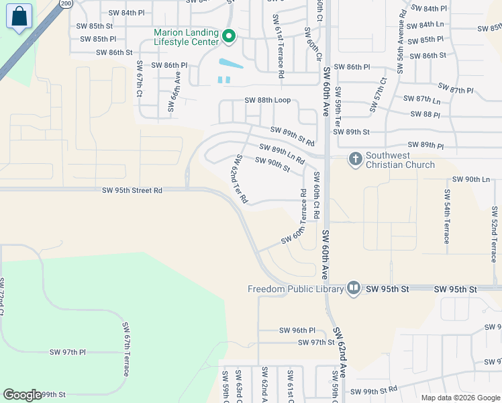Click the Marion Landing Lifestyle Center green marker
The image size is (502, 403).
point(229,36)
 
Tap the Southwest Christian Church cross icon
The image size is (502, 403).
point(355,159)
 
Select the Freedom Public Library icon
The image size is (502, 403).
point(354,289)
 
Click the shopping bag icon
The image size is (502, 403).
point(19,17)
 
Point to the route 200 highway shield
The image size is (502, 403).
point(66,3)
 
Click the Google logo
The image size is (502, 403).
point(22,395)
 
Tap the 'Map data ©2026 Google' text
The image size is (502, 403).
point(460,397)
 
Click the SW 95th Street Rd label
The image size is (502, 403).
point(132,190)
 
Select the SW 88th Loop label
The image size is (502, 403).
point(267,100)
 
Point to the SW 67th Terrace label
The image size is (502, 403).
point(125,349)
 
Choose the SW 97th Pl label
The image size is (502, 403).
point(68,352)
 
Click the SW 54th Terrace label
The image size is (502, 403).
point(446,216)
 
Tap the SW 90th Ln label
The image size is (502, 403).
point(471,179)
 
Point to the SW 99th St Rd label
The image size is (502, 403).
point(374,390)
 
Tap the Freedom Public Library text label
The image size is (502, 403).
point(295,289)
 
